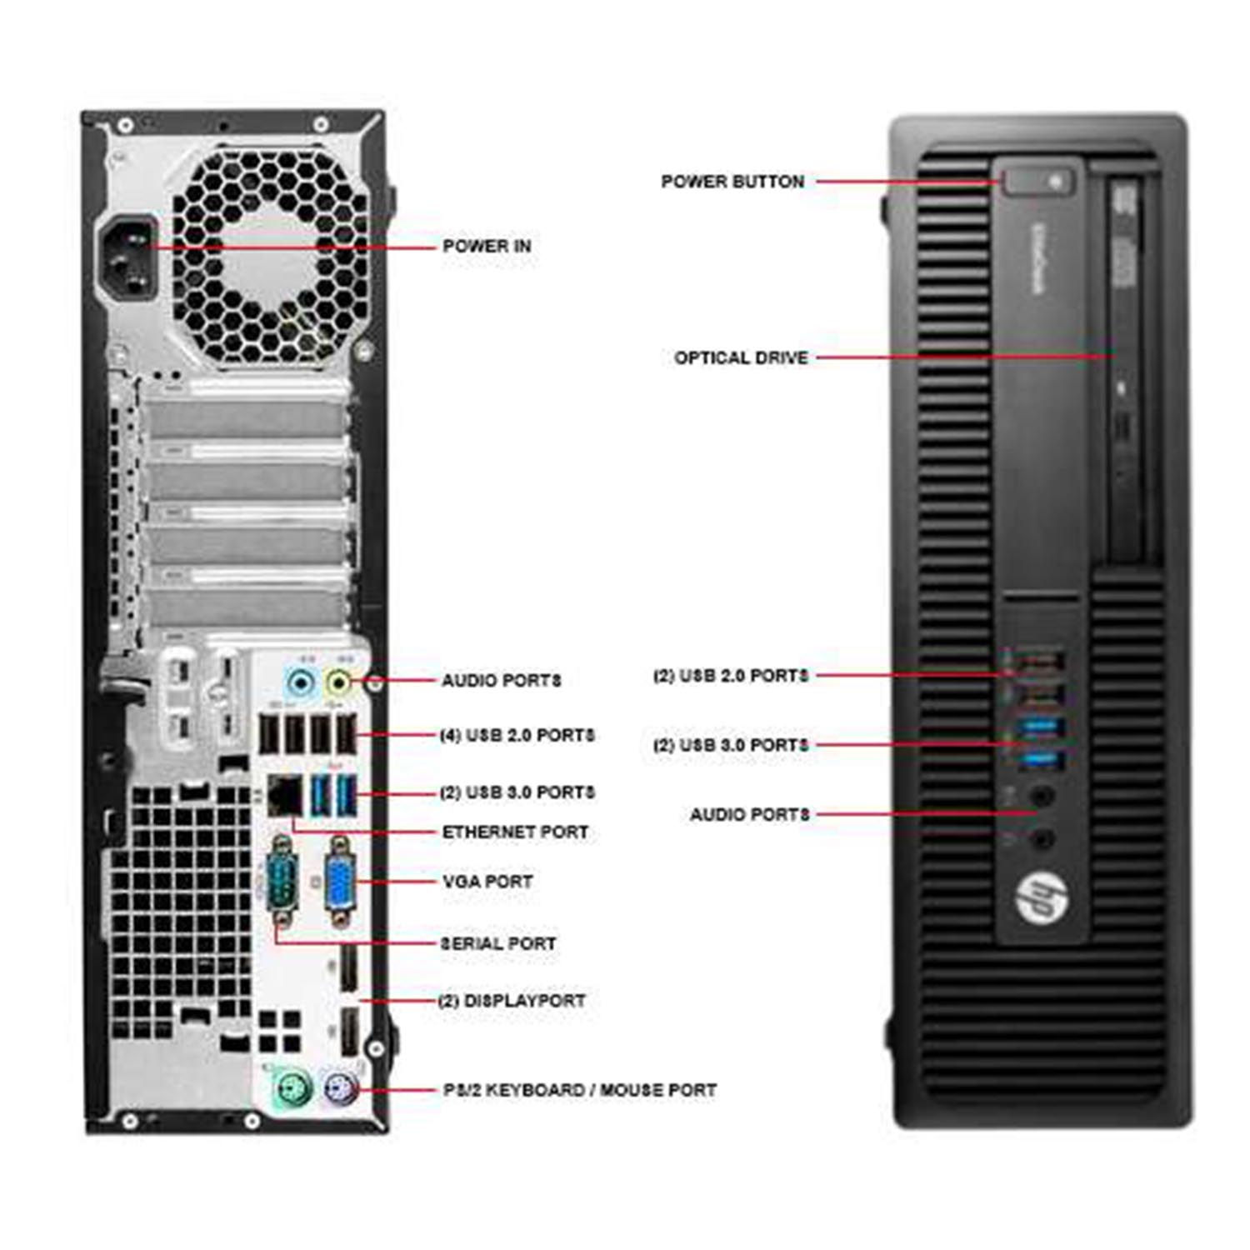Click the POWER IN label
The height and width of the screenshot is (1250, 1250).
click(x=487, y=246)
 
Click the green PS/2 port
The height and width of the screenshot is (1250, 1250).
click(x=292, y=1087)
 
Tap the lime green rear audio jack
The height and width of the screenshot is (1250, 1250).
click(x=339, y=683)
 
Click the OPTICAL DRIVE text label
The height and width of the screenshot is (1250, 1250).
click(x=741, y=357)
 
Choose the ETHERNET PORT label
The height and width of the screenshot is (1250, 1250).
click(x=515, y=832)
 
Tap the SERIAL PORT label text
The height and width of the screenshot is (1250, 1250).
click(x=498, y=943)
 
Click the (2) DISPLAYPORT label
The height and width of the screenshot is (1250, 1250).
click(x=512, y=1000)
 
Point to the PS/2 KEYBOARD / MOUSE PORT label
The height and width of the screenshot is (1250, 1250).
click(x=580, y=1090)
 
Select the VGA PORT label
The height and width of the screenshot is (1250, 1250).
click(x=487, y=881)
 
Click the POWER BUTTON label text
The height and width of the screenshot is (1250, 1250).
click(x=732, y=181)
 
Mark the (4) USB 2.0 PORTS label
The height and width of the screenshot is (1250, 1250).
click(x=517, y=735)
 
